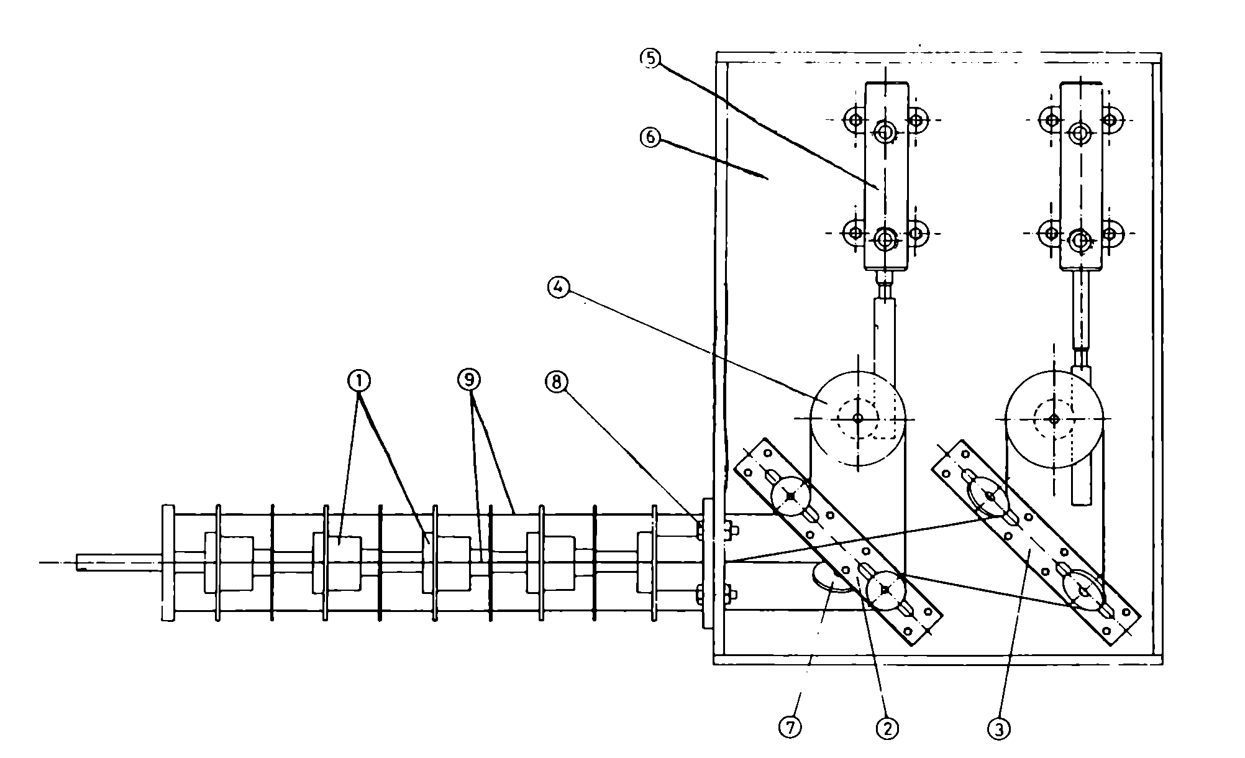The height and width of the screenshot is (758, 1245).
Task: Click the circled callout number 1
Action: point(358,380)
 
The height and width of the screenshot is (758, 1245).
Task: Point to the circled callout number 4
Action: point(558,286)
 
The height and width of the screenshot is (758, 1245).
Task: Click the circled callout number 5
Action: point(650,58)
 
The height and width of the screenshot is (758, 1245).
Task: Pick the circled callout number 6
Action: point(650,137)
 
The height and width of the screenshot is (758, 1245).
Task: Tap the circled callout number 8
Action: point(556,383)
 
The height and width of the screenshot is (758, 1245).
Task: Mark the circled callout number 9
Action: point(470,380)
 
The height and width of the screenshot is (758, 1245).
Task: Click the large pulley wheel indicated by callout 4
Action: point(858,418)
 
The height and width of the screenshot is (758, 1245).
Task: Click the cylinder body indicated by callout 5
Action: point(886,177)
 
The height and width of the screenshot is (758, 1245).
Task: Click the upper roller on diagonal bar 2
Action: point(790,496)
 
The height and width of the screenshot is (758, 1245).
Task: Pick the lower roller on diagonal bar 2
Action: point(887,590)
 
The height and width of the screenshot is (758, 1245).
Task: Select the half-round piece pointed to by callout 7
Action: point(832,577)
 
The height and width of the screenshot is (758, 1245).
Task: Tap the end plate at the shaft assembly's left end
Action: point(168,562)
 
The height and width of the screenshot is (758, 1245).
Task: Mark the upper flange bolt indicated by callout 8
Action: point(701,531)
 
